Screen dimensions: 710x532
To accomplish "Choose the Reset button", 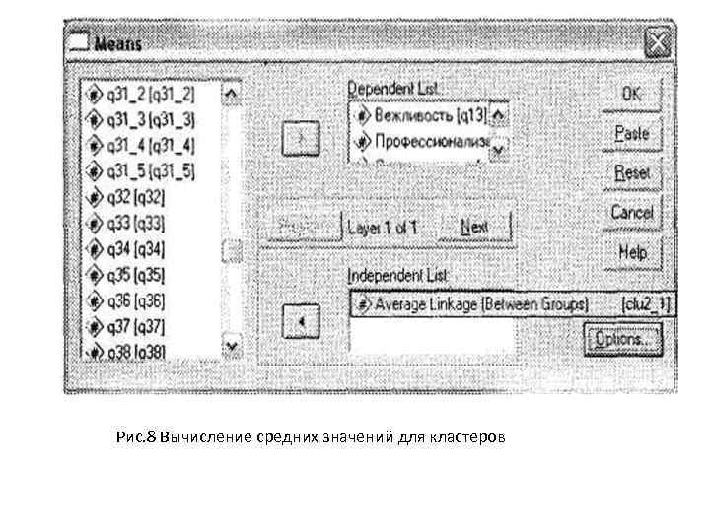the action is coord(631,172).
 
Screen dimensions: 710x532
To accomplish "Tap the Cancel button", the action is coord(631,213).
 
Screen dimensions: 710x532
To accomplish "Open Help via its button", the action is coord(631,252).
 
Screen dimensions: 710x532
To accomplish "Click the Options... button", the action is coord(621,339).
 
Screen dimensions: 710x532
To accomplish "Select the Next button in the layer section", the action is coord(474,227).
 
